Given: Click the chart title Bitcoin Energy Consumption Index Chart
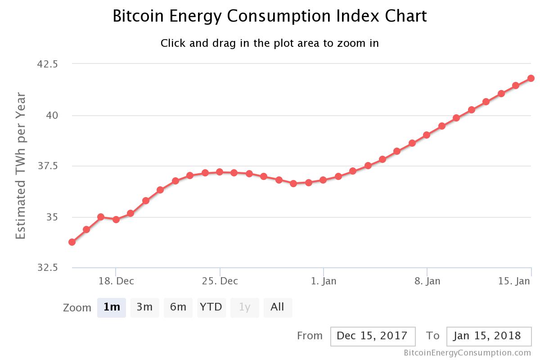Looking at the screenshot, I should tap(270, 17).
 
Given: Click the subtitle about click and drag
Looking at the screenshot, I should tap(270, 43).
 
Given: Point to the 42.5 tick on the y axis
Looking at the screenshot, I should tap(47, 64).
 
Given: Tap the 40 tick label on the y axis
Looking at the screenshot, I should tap(52, 115).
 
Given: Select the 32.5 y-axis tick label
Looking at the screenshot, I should tap(47, 268).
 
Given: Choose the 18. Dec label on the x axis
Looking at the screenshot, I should tap(116, 281).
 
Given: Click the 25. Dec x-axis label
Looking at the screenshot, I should tap(220, 281).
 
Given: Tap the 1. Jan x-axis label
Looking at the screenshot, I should tap(324, 281).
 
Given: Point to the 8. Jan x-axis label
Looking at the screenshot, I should tap(427, 281).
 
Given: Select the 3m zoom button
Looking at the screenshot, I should tap(144, 307).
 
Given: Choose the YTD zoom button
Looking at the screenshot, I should tap(211, 307).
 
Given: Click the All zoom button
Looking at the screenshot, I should tap(277, 307).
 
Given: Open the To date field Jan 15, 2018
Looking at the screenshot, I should tap(489, 336).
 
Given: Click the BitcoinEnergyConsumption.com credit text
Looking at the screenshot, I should tap(467, 353).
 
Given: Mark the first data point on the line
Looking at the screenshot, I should tap(72, 242).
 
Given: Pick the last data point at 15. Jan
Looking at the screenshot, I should tap(531, 78).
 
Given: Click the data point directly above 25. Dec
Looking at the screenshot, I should tap(220, 172).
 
